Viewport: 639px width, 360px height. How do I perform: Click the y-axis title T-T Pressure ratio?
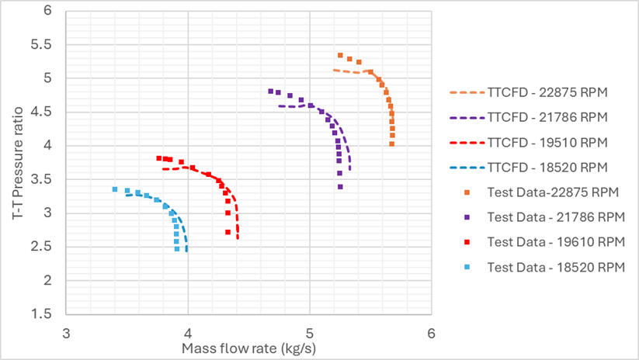pyautogui.click(x=18, y=159)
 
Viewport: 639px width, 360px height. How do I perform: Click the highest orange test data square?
pyautogui.click(x=340, y=55)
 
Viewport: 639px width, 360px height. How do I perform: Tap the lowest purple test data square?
pyautogui.click(x=340, y=186)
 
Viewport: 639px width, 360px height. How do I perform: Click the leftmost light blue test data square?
pyautogui.click(x=115, y=189)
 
